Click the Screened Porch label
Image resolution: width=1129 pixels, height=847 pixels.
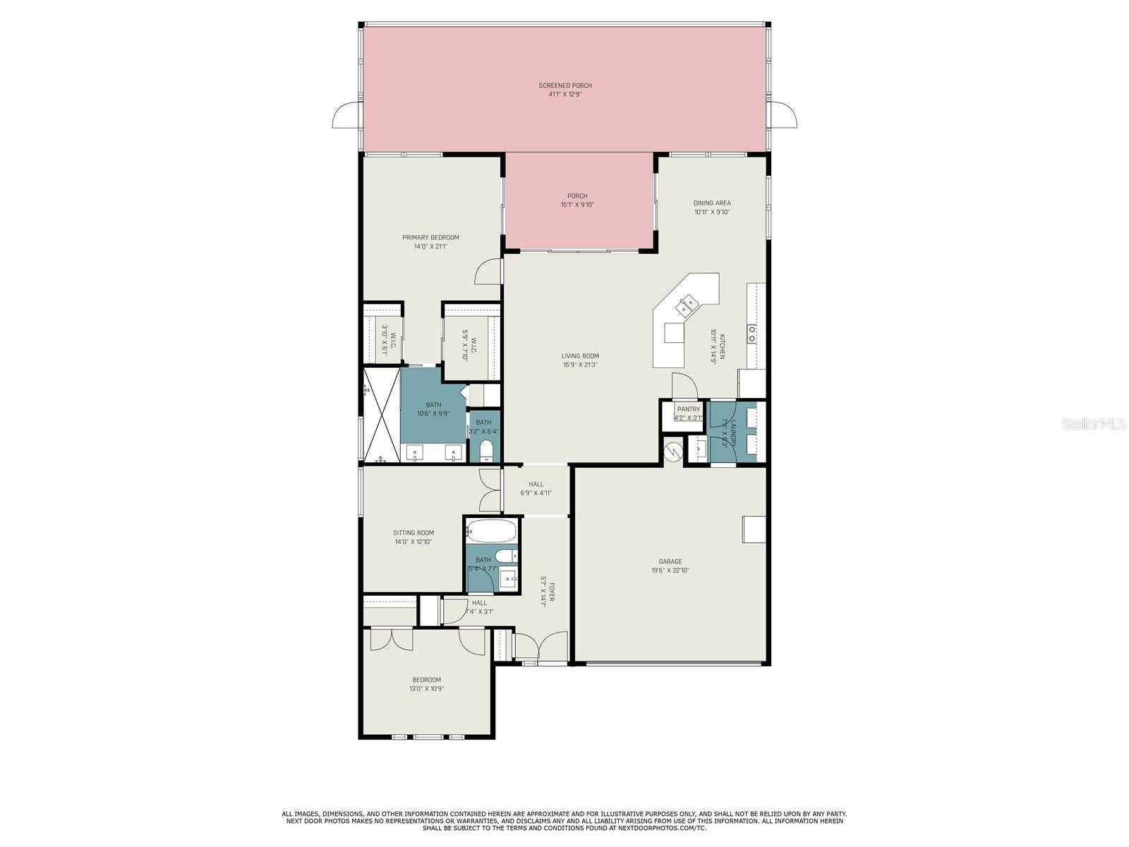click(565, 85)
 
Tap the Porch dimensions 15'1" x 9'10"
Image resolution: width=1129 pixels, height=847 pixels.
click(577, 205)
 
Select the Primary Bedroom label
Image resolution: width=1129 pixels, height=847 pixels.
click(430, 237)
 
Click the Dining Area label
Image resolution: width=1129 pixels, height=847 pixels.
click(711, 203)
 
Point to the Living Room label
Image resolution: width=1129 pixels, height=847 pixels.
click(580, 356)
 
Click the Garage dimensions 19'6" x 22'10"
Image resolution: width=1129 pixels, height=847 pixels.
click(670, 570)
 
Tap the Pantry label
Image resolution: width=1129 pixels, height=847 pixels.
click(688, 409)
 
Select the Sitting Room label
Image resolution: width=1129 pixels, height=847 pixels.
click(413, 533)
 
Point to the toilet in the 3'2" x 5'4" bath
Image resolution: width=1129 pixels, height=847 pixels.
click(486, 451)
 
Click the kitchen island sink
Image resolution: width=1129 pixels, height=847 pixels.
click(685, 306)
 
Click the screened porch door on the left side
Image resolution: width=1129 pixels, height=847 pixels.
click(346, 116)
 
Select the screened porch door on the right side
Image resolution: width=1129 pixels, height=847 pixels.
click(783, 114)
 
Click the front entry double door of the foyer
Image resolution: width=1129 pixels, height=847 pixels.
click(541, 646)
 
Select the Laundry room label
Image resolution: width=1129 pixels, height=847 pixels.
click(732, 432)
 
